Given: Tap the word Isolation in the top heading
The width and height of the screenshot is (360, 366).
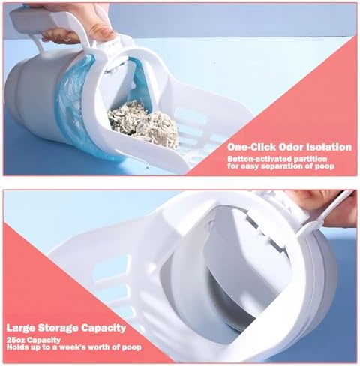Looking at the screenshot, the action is pos(329,147).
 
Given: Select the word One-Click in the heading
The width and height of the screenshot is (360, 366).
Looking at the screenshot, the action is pos(251,147).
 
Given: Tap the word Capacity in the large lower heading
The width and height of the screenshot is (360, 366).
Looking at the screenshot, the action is pos(104,328).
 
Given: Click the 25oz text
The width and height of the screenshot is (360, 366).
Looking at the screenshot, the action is pos(16,340).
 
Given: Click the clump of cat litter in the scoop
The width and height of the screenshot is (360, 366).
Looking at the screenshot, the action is pos(144,124).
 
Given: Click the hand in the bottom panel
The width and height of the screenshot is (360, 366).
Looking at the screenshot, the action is pos(328,208).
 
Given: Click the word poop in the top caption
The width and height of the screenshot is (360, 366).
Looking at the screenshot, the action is pos(325,166).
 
